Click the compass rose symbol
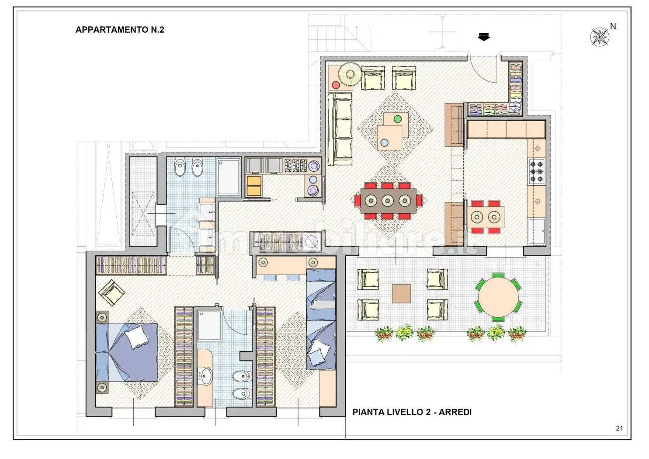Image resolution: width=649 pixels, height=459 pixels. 600,37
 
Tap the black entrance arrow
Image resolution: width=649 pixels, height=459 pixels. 484,37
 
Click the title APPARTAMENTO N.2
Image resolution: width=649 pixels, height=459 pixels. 120,30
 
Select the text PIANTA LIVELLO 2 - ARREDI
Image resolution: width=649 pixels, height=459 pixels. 412,412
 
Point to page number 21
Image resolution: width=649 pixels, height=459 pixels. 619,428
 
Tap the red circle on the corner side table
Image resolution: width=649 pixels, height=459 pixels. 336,85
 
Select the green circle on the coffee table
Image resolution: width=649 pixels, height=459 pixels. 398,119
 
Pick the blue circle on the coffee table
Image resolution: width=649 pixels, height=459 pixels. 384,143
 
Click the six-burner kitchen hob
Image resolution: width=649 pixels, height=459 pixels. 536,171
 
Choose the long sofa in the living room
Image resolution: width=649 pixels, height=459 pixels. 340,129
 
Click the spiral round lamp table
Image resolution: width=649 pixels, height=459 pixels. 350,74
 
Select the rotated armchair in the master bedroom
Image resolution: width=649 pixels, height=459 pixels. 111,292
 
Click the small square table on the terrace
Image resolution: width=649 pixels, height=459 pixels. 401,293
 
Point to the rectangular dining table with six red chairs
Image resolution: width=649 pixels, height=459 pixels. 388,201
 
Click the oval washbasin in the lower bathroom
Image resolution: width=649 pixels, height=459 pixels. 206,376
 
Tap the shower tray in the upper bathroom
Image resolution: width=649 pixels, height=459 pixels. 229,177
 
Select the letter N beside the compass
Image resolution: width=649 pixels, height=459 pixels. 613,26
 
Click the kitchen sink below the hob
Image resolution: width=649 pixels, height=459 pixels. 536,232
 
